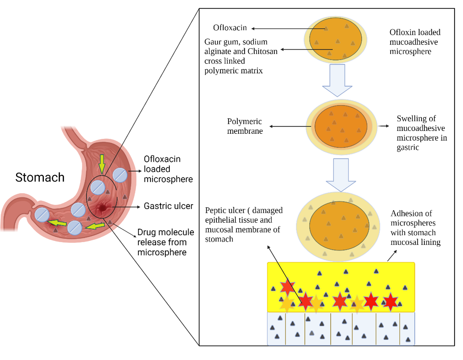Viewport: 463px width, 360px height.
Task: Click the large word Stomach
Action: coord(40,177)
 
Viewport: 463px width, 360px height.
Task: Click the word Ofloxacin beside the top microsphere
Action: coord(230,28)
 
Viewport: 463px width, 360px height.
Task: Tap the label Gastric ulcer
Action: coord(168,206)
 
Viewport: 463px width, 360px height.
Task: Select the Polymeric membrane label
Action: coord(245,126)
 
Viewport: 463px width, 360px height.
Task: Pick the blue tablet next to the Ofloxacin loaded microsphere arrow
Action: coord(120,175)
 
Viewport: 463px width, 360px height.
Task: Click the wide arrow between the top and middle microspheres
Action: coord(337,80)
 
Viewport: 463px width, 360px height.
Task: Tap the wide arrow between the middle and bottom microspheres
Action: coord(341,175)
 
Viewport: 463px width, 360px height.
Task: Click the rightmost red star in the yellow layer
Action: coord(391,301)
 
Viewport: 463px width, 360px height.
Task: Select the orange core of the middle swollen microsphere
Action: coord(341,127)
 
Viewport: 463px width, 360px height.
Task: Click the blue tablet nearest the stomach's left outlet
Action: coord(42,215)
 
